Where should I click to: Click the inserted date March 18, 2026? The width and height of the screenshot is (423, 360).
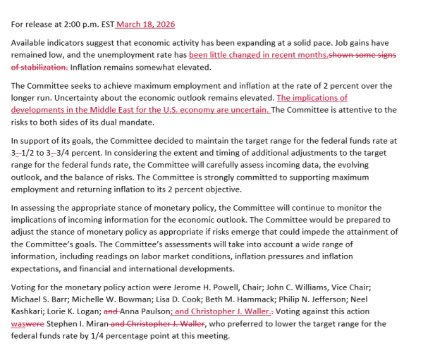146,25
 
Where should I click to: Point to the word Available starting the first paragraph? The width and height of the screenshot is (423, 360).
30,43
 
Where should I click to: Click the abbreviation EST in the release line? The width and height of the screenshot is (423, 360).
106,25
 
